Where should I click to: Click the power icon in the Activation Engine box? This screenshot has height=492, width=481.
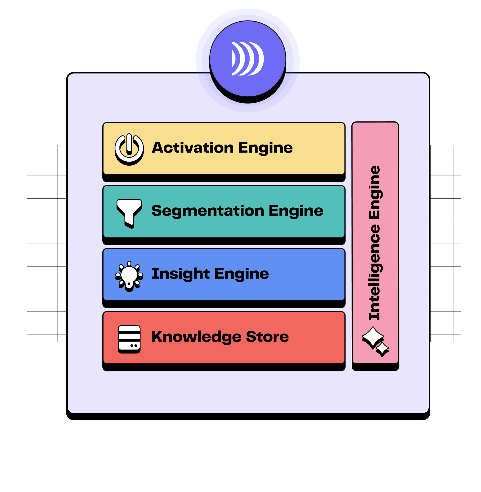click(x=129, y=149)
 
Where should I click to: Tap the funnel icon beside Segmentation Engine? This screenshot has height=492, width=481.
click(x=129, y=213)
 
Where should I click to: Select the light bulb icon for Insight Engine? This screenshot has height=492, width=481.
click(x=129, y=276)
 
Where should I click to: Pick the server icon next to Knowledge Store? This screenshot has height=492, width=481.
click(x=129, y=339)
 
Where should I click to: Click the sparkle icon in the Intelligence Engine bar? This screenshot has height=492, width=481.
click(x=375, y=341)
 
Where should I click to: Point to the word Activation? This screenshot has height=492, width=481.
click(x=193, y=148)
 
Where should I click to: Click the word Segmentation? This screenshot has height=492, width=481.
click(x=208, y=211)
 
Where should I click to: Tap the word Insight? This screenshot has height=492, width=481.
click(x=181, y=274)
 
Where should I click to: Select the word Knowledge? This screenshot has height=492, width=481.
click(x=196, y=337)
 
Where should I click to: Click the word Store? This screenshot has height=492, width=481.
click(x=267, y=337)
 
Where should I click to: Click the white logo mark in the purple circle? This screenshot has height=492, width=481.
click(x=247, y=59)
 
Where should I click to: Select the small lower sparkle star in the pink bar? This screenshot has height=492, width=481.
click(x=382, y=349)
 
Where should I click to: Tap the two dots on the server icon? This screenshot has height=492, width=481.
click(x=134, y=346)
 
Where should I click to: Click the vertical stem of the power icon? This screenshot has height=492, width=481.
click(x=129, y=144)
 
